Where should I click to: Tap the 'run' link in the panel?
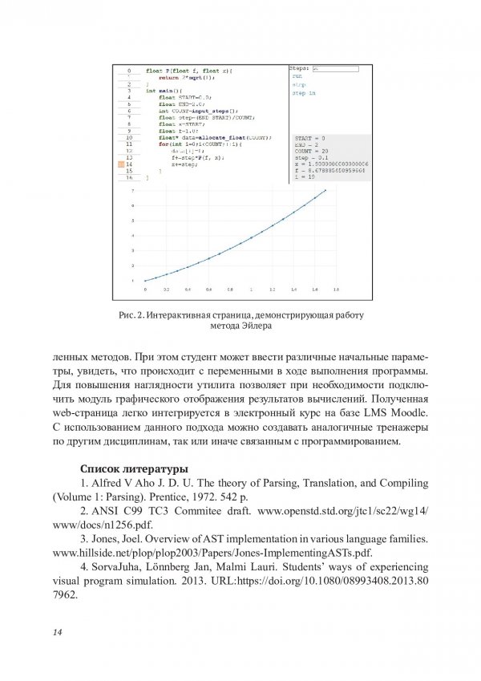[x=297, y=76]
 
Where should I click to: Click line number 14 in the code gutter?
[x=127, y=164]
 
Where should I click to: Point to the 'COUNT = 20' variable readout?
[x=311, y=152]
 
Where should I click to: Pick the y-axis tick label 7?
[x=133, y=191]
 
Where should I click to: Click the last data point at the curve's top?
[x=325, y=191]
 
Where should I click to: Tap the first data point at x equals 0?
[x=145, y=281]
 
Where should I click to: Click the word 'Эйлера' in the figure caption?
[x=258, y=326]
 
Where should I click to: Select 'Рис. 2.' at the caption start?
[x=131, y=315]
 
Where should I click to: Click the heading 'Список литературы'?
[x=134, y=468]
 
